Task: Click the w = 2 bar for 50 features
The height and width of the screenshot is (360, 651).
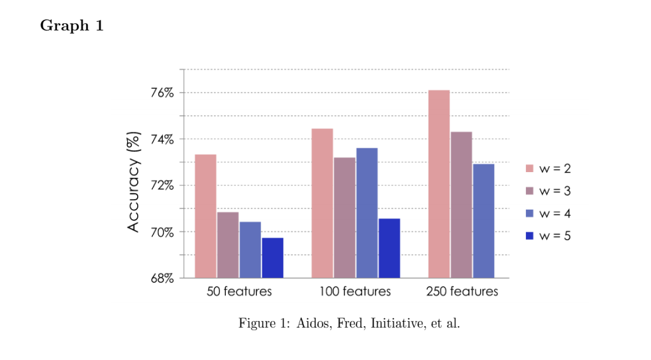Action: coord(205,216)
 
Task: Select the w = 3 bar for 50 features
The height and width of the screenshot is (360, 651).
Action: coord(228,245)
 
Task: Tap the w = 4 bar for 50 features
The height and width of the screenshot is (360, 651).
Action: coord(250,249)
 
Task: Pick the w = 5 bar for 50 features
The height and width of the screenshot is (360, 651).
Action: coord(272,257)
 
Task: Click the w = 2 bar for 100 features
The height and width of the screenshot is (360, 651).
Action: coord(322,203)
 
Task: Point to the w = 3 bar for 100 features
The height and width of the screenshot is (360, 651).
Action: coord(344,218)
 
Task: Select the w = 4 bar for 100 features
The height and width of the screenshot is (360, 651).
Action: coord(367,212)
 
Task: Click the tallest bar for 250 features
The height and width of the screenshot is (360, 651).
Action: coord(439,184)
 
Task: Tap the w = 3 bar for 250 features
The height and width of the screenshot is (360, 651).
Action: coord(462,204)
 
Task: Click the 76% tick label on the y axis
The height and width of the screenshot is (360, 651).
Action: coord(162,93)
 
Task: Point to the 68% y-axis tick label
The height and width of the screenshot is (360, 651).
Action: coord(162,278)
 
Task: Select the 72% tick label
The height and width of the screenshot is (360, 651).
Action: coord(162,185)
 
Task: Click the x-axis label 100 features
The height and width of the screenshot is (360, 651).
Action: coord(355,291)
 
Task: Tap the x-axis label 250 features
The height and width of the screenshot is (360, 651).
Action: coord(462,291)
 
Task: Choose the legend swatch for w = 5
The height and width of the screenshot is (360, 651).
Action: coord(530,236)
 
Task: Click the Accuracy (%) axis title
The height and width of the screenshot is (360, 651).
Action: coord(134,181)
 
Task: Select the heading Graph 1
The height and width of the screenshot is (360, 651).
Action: coord(72,26)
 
